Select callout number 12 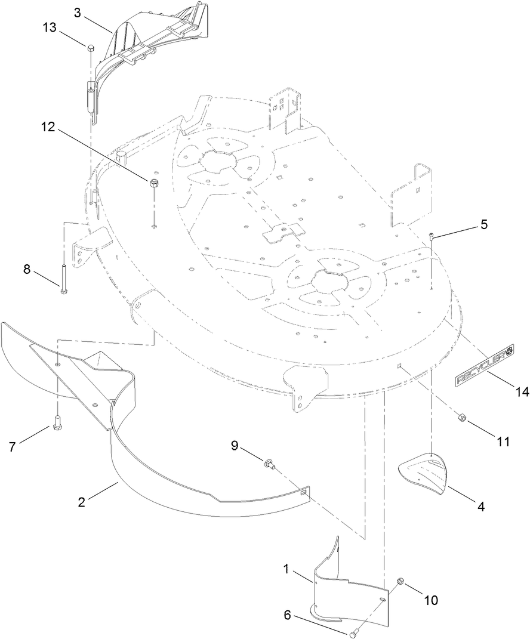point(49,126)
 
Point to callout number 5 point(483,224)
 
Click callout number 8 point(27,269)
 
